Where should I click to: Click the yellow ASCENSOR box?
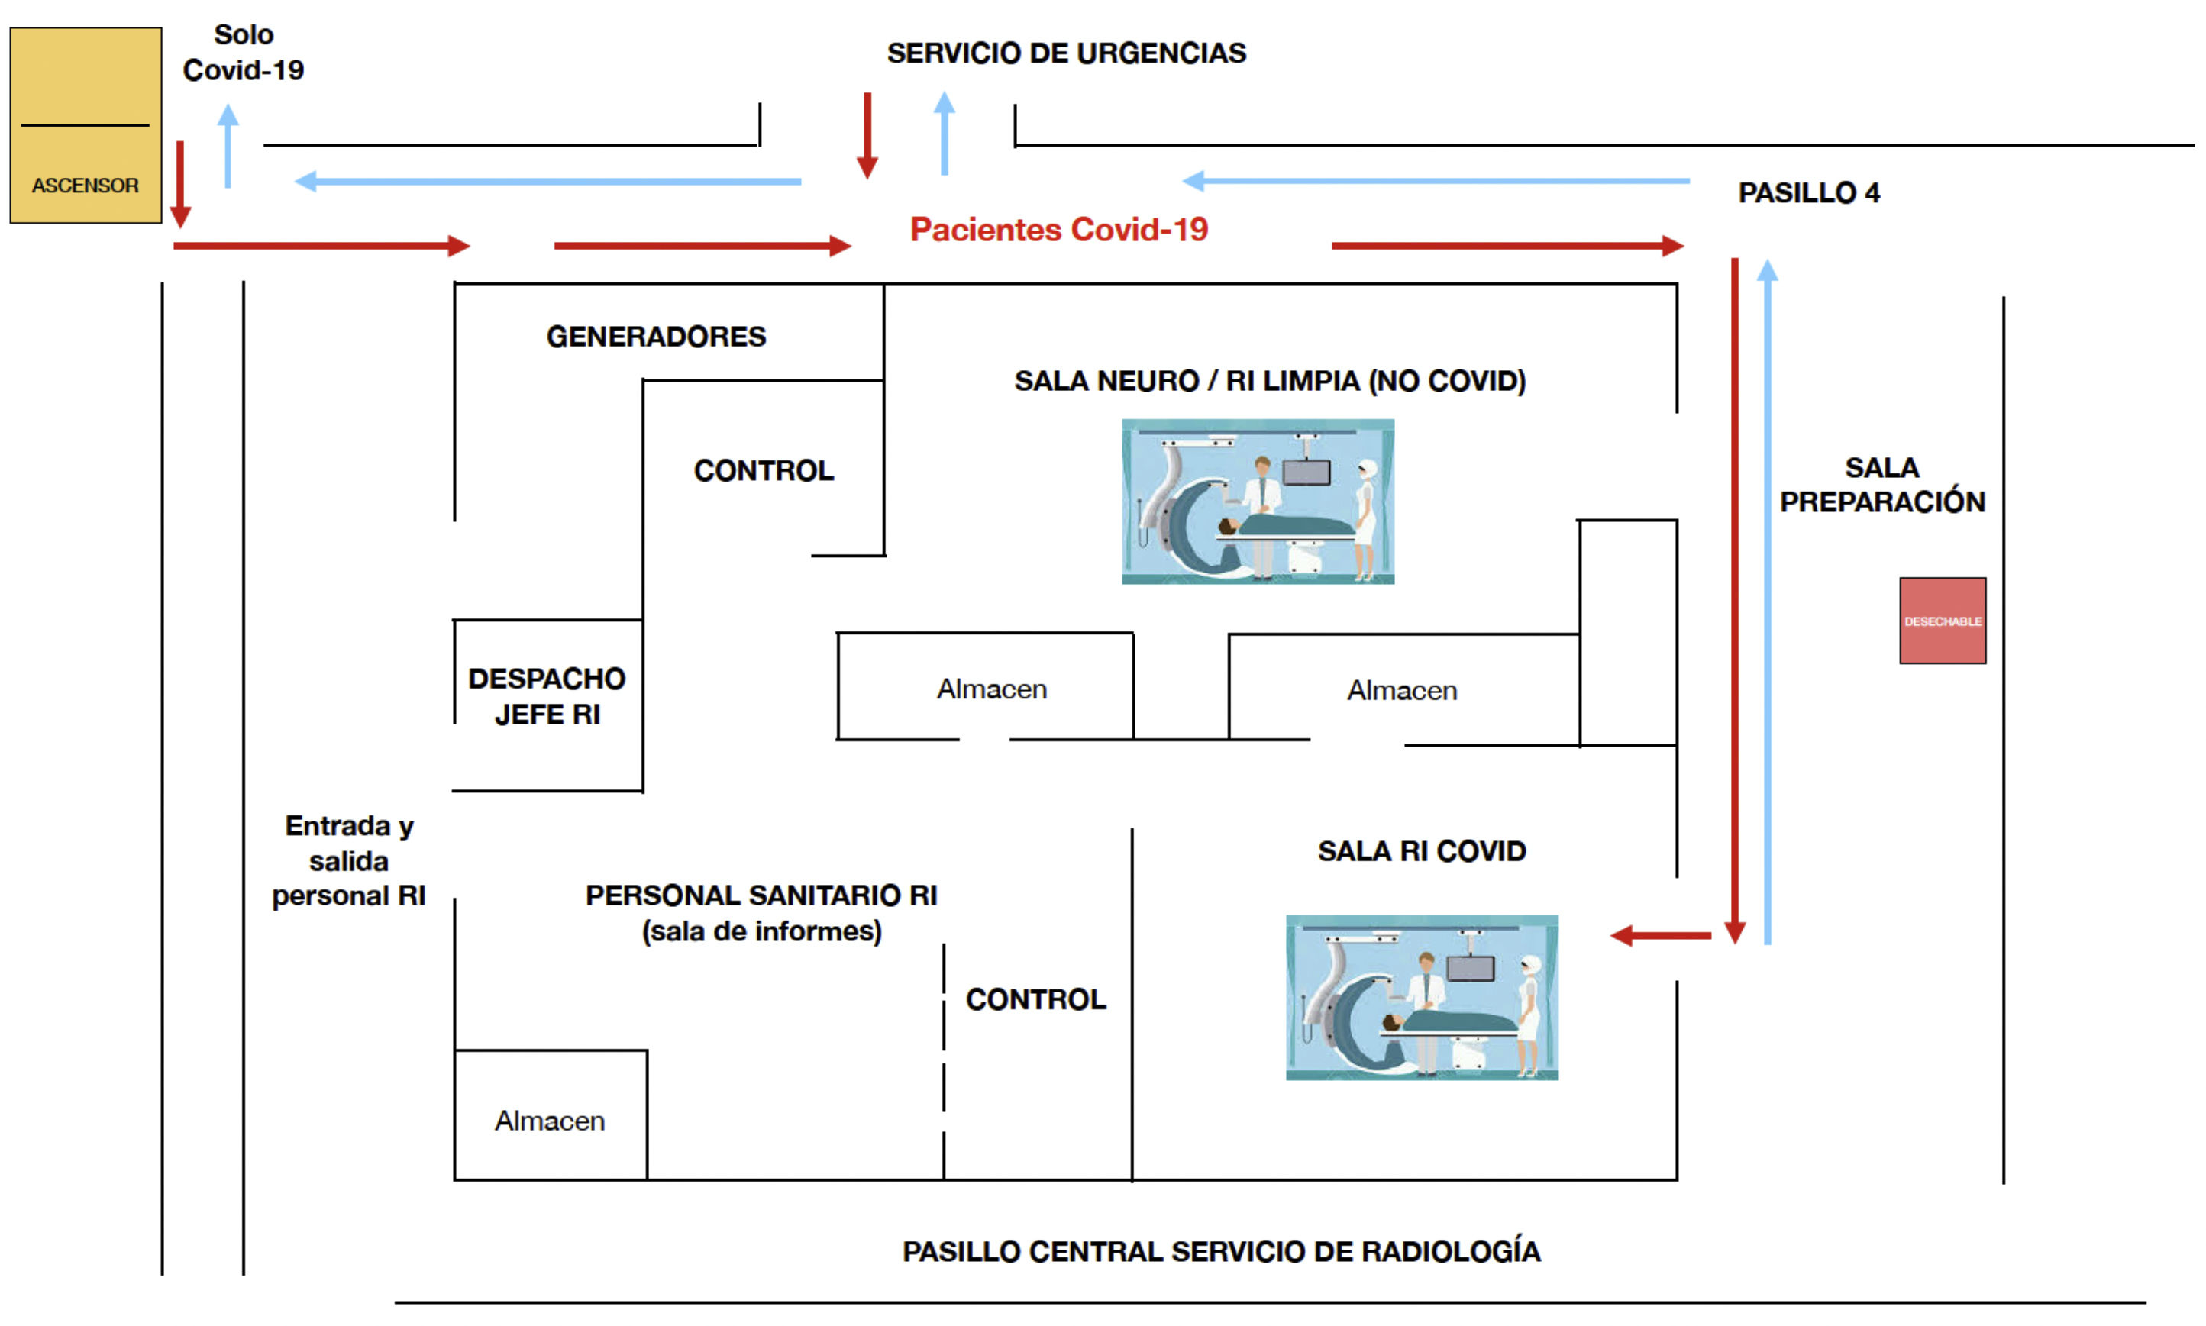pyautogui.click(x=86, y=125)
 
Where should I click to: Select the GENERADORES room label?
pyautogui.click(x=656, y=337)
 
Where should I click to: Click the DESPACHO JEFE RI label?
pyautogui.click(x=547, y=696)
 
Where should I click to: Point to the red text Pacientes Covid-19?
pyautogui.click(x=1059, y=230)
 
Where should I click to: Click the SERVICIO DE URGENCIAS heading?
pyautogui.click(x=1066, y=53)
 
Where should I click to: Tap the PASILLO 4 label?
pyautogui.click(x=1807, y=193)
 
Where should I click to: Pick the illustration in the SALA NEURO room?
pyautogui.click(x=1257, y=502)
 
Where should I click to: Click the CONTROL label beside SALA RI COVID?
pyautogui.click(x=1035, y=999)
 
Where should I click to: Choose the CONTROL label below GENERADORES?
pyautogui.click(x=764, y=471)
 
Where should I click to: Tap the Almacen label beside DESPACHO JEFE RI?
pyautogui.click(x=991, y=689)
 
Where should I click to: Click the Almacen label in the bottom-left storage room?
pyautogui.click(x=550, y=1121)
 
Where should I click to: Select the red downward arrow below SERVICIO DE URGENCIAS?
pyautogui.click(x=867, y=135)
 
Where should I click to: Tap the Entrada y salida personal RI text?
pyautogui.click(x=348, y=860)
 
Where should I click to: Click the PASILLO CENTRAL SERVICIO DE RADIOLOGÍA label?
pyautogui.click(x=1220, y=1251)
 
